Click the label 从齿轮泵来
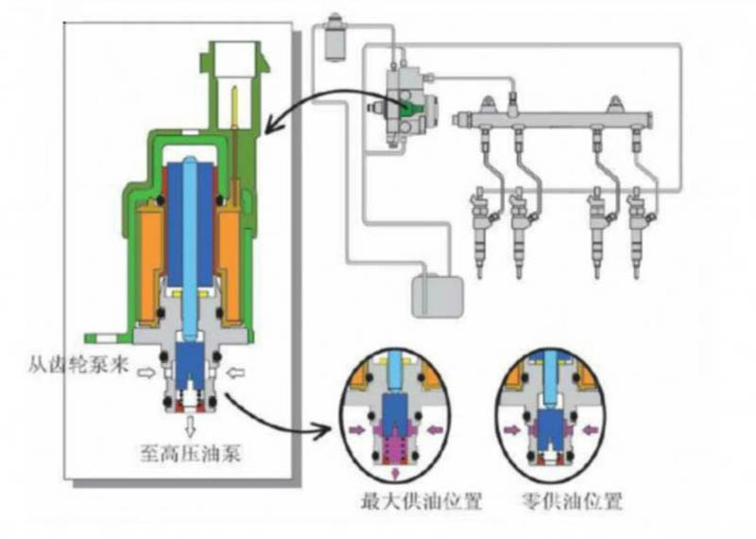point(78,364)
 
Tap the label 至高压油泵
point(191,453)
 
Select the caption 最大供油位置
point(421,501)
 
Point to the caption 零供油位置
point(573,501)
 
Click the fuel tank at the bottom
point(438,296)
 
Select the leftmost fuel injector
point(481,232)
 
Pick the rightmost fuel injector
point(640,232)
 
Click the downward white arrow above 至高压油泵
point(191,426)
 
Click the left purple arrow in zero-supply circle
point(509,428)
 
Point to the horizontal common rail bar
point(555,118)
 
